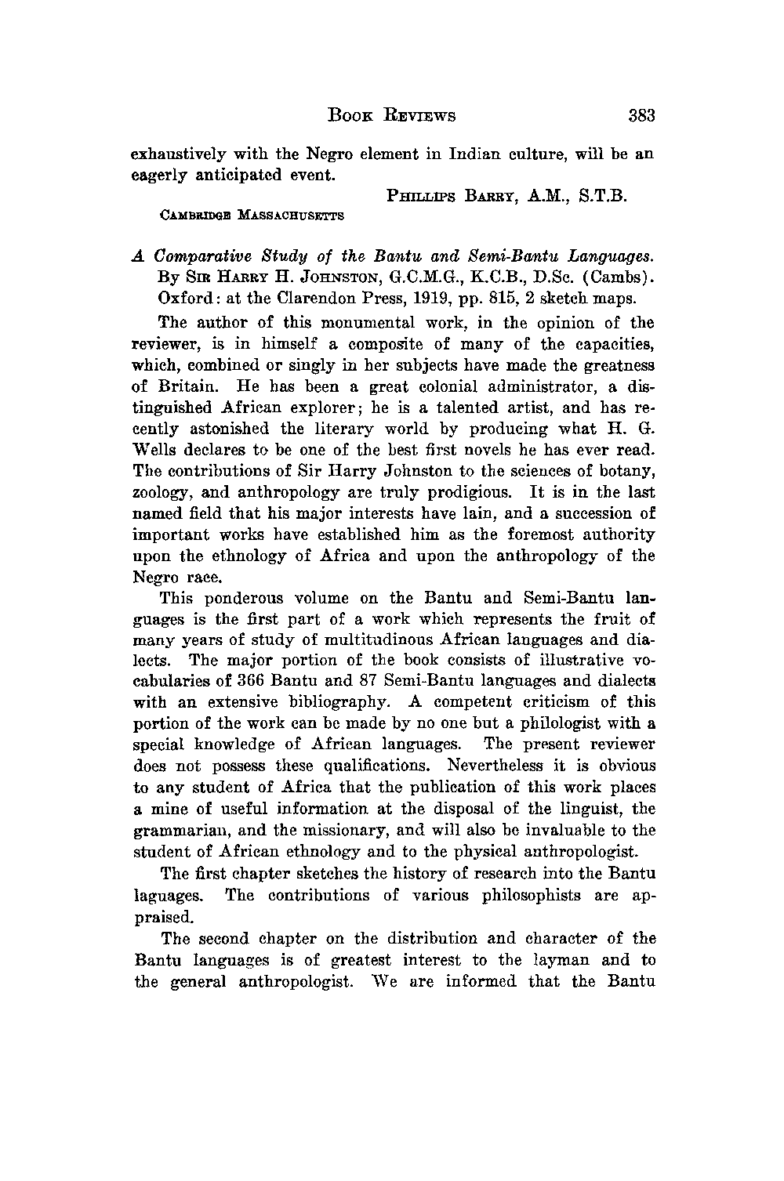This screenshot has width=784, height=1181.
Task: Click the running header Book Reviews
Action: point(390,117)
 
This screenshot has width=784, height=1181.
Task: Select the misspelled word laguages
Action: point(170,895)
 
